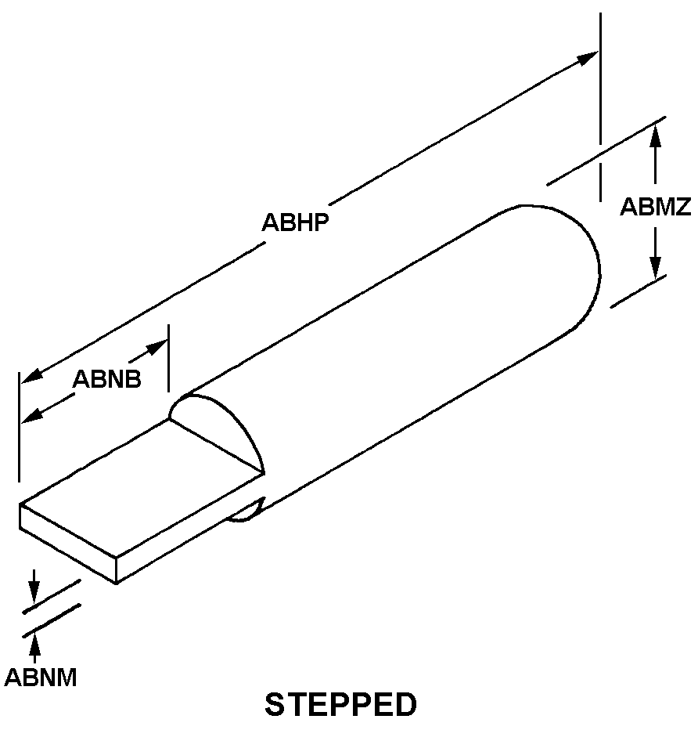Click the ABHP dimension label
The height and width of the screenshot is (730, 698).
(x=294, y=222)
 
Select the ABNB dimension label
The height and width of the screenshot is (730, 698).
(x=107, y=379)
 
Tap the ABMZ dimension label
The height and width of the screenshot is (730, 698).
(x=655, y=207)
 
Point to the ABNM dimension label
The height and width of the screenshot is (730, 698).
(x=41, y=677)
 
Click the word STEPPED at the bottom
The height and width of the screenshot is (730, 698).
(x=341, y=704)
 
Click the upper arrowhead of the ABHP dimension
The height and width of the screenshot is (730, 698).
(x=588, y=57)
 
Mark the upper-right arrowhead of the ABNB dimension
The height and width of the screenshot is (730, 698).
(x=159, y=345)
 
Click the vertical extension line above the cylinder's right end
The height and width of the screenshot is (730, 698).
(x=600, y=78)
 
